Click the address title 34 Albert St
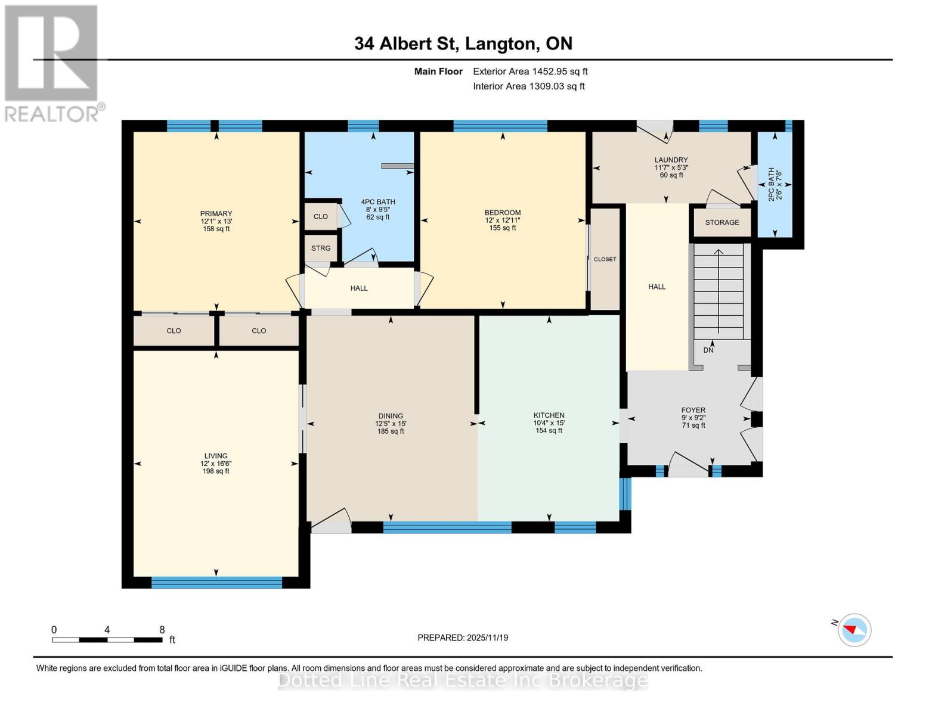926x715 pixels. pos(463,43)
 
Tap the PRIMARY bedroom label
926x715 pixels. pos(216,214)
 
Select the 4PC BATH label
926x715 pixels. pos(378,202)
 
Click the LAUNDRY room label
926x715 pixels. pos(671,160)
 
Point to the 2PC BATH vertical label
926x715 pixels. pos(771,184)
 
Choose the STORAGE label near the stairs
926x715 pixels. pos(722,222)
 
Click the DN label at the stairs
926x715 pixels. pos(708,350)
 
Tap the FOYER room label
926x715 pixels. pos(693,411)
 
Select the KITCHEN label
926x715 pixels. pos(549,415)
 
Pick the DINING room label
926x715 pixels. pos(391,416)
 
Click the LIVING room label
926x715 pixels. pos(216,456)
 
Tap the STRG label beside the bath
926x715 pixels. pos(321,248)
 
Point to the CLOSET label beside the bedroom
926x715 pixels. pos(605,259)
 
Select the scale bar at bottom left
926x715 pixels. pos(107,640)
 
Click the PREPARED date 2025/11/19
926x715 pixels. pos(463,638)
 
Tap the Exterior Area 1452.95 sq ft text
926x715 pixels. pos(530,71)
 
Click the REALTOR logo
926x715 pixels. pos(52,63)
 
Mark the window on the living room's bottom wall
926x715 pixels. pos(216,583)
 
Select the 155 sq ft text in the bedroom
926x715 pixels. pos(503,228)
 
